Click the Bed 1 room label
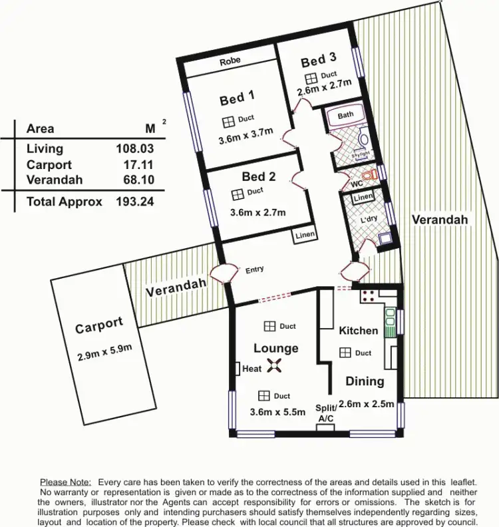point(238,99)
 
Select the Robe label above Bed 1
point(230,61)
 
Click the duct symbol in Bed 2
point(237,194)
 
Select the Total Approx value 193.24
point(135,202)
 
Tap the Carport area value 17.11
point(137,165)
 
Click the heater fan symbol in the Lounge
point(274,365)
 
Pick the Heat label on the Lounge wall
point(252,369)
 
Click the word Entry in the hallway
point(255,269)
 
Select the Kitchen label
point(358,330)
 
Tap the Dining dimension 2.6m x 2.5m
point(367,403)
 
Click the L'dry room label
point(369,219)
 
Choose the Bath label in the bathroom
point(345,114)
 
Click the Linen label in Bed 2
point(305,234)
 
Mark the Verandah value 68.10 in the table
point(136,180)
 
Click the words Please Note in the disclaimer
point(66,481)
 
